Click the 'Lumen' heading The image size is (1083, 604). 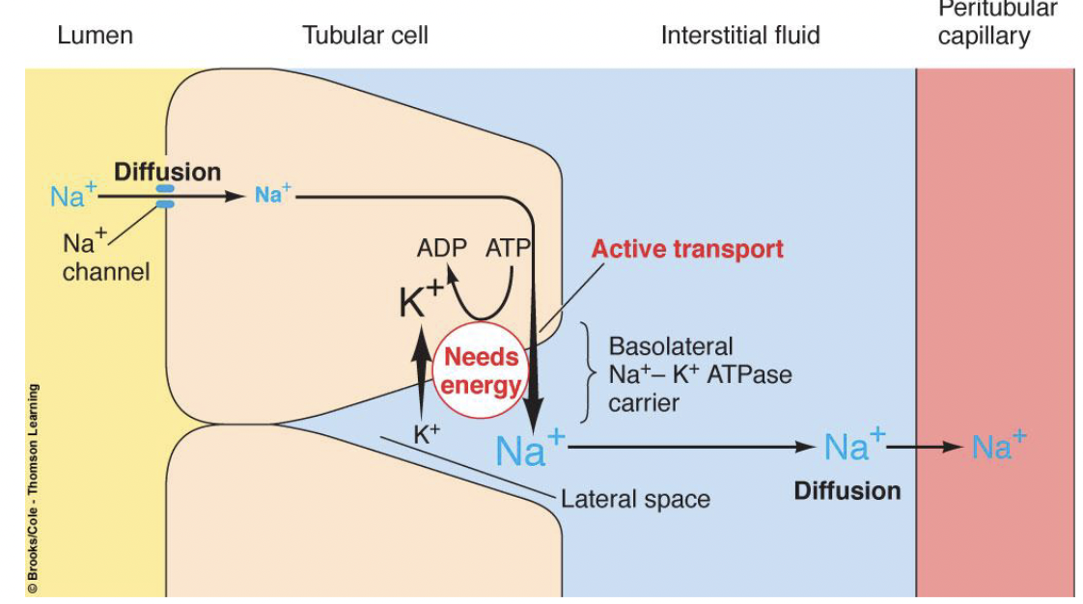tap(95, 37)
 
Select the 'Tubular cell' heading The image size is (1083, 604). tap(365, 37)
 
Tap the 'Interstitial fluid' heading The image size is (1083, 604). tap(739, 37)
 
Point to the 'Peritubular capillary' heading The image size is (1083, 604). tap(996, 23)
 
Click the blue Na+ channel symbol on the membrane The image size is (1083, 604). tap(166, 197)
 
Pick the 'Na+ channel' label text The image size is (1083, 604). tap(106, 257)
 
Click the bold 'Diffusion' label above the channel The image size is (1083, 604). tap(167, 173)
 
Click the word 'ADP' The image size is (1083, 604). tap(441, 248)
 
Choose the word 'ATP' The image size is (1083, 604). tap(508, 248)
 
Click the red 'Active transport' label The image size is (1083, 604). tap(687, 249)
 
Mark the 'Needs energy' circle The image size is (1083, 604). tap(481, 371)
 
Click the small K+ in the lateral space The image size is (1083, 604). tap(426, 435)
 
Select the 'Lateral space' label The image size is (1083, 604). tap(635, 499)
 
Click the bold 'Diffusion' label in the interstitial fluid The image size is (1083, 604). tap(847, 490)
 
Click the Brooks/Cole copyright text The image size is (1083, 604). tap(33, 487)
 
